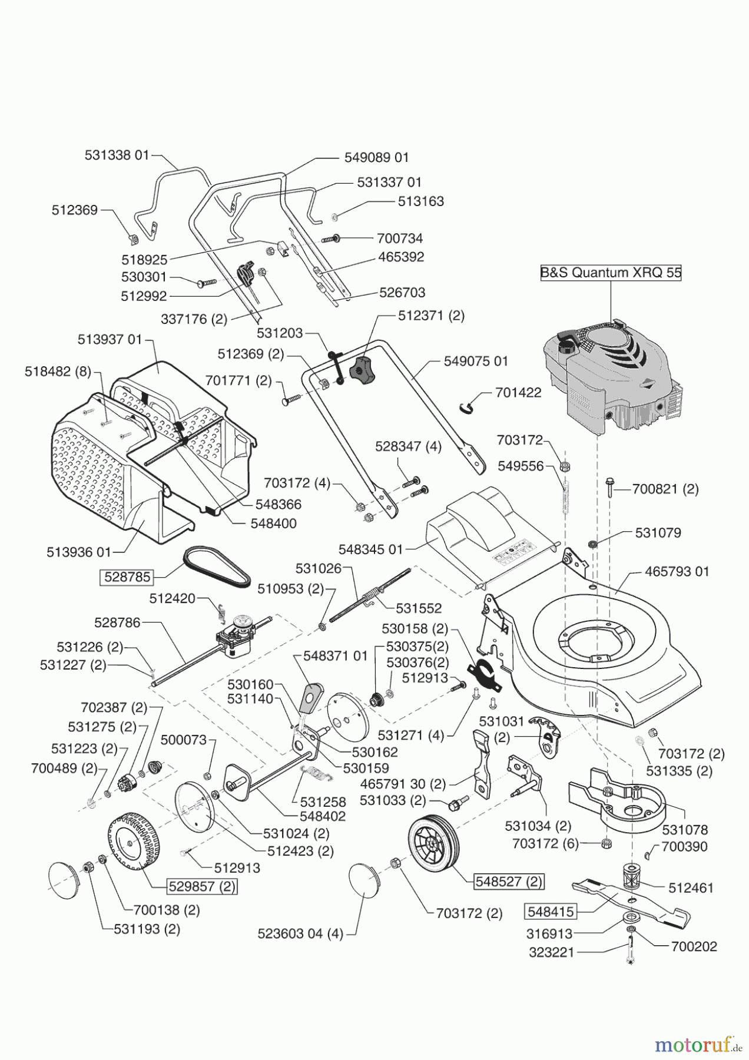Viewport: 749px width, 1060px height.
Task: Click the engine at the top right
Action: pos(612,377)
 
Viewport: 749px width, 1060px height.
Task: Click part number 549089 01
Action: pos(376,157)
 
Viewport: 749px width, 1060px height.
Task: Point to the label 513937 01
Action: pos(110,340)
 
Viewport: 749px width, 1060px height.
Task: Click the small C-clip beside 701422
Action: pos(466,406)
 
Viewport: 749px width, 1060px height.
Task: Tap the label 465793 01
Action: pos(677,571)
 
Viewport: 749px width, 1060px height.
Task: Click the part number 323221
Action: pos(551,952)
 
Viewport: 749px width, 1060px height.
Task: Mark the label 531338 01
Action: pos(117,155)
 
